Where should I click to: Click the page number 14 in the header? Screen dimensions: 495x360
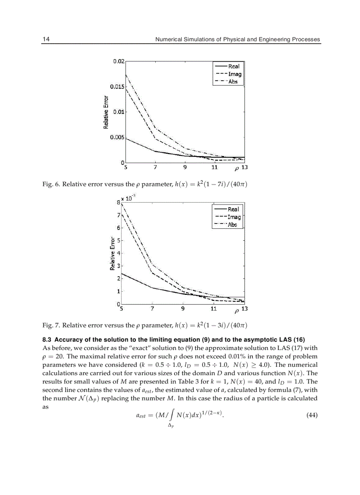(46, 39)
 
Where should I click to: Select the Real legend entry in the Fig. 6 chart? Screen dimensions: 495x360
(233, 66)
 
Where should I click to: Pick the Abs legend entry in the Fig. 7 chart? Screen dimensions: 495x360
(232, 224)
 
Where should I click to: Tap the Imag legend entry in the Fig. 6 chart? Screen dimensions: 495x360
(234, 74)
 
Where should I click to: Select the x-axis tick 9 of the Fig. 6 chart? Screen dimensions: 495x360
(185, 167)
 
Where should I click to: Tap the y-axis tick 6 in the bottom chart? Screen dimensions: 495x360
(118, 228)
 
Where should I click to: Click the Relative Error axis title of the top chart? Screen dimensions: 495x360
(106, 113)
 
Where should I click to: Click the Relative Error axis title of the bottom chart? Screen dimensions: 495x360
(112, 254)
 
